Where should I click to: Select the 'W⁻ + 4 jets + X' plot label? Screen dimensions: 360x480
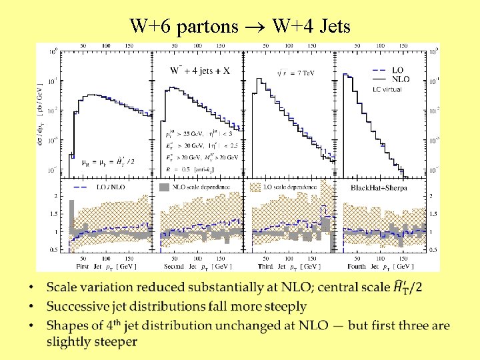click(200, 70)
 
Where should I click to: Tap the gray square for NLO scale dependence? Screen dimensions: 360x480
click(164, 188)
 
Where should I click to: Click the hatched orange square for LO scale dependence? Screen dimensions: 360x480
click(256, 188)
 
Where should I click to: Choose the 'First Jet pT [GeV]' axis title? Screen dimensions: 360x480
click(106, 266)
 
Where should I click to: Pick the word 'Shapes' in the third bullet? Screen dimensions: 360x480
click(67, 325)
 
